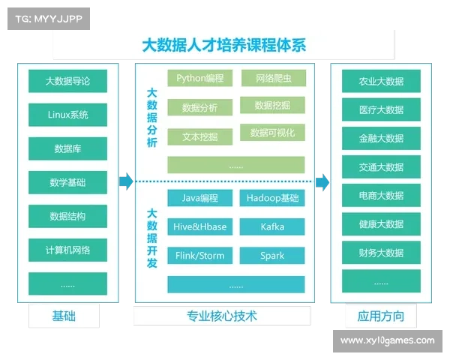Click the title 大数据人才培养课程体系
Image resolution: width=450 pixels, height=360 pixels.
pyautogui.click(x=224, y=44)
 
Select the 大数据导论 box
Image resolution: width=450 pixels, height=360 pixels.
pyautogui.click(x=67, y=81)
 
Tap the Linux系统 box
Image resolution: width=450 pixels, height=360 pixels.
pyautogui.click(x=67, y=115)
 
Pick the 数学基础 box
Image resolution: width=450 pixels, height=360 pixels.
pyautogui.click(x=67, y=182)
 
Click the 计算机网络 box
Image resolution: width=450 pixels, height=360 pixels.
pyautogui.click(x=67, y=250)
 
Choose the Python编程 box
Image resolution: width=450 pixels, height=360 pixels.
pyautogui.click(x=199, y=78)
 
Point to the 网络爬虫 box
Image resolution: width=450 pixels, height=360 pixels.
pyautogui.click(x=272, y=78)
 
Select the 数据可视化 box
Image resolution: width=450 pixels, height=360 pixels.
pyautogui.click(x=272, y=133)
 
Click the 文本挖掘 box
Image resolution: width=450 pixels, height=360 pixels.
pyautogui.click(x=199, y=136)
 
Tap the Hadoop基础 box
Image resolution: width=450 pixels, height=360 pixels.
pyautogui.click(x=272, y=198)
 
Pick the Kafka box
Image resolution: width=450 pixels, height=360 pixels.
pyautogui.click(x=272, y=226)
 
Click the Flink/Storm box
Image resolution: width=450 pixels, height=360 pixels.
pyautogui.click(x=199, y=255)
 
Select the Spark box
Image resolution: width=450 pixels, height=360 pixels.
pyautogui.click(x=272, y=255)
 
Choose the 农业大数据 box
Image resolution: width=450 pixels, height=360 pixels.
pyautogui.click(x=381, y=81)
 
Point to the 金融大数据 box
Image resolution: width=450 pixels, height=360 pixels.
pyautogui.click(x=381, y=138)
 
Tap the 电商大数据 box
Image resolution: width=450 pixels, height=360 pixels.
pyautogui.click(x=381, y=196)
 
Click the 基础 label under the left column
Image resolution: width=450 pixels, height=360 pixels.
pyautogui.click(x=64, y=315)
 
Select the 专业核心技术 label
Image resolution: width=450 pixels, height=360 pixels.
pyautogui.click(x=222, y=316)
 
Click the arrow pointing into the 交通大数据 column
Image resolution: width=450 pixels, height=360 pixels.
pyautogui.click(x=322, y=181)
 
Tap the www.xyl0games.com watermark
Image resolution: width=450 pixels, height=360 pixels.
pyautogui.click(x=387, y=340)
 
